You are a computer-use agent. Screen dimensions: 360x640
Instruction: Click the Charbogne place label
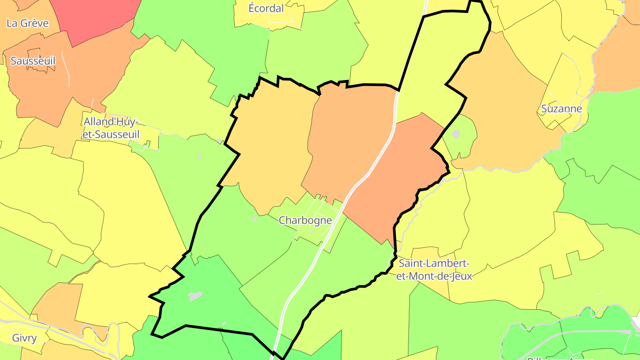pos(305,220)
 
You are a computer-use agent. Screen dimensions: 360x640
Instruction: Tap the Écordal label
pos(266,8)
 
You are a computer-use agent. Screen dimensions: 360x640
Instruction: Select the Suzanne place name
pos(561,108)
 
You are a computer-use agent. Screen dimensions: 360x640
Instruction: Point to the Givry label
pos(24,338)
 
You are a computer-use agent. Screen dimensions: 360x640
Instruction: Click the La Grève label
pos(28,23)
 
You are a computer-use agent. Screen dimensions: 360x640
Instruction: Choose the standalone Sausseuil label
pos(33,61)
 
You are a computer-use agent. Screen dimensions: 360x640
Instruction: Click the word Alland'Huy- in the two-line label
pos(111,121)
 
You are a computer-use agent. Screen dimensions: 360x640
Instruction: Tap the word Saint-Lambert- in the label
pos(434,264)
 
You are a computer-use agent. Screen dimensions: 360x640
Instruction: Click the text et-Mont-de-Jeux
pos(434,276)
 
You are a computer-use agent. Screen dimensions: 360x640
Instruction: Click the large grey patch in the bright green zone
pos(195,296)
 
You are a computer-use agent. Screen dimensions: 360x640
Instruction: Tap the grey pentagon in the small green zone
pos(456,133)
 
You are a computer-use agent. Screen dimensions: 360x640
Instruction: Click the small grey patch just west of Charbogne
pos(254,219)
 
